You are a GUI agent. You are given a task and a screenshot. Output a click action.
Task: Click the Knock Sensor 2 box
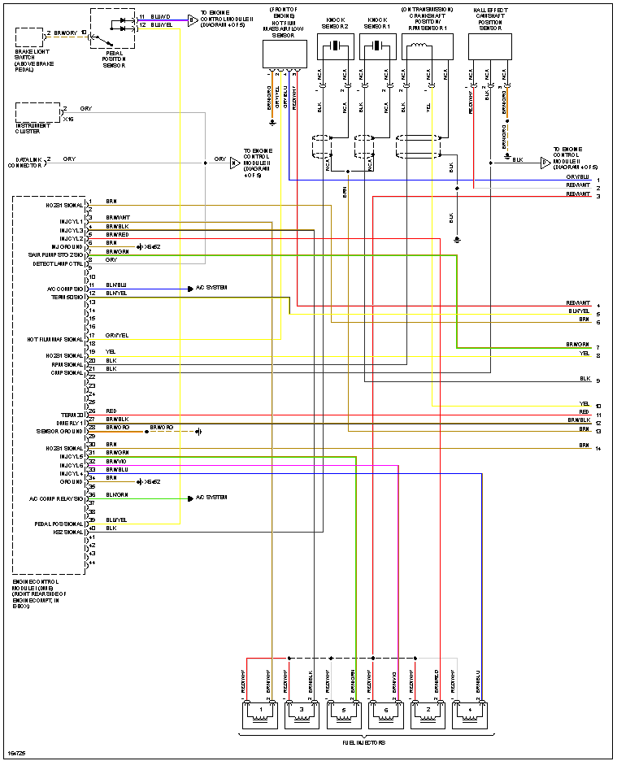pyautogui.click(x=335, y=49)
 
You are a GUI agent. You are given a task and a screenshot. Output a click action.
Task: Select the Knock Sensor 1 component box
pyautogui.click(x=377, y=49)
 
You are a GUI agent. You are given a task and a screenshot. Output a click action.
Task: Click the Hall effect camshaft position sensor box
pyautogui.click(x=491, y=48)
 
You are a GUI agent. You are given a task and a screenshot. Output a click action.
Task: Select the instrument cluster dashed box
pyautogui.click(x=37, y=112)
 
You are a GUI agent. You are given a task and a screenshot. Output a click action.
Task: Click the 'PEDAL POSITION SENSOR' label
pyautogui.click(x=113, y=58)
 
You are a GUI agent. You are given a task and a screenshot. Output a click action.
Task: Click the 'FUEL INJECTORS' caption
pyautogui.click(x=363, y=743)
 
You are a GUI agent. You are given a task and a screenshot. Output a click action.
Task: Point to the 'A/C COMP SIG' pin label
pyautogui.click(x=65, y=289)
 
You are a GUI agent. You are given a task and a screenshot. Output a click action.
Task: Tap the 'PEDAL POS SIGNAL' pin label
pyautogui.click(x=59, y=524)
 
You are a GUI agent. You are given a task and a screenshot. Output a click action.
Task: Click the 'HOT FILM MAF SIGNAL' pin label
pyautogui.click(x=55, y=339)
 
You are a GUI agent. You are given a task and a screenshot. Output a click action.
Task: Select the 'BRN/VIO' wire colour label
pyautogui.click(x=117, y=461)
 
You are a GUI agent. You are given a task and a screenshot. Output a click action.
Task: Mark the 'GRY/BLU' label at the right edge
pyautogui.click(x=578, y=177)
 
